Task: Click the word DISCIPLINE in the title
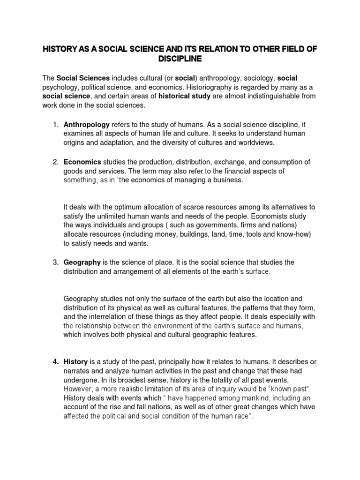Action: tap(180, 59)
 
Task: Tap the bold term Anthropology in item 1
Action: tap(87, 125)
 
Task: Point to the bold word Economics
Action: tap(82, 162)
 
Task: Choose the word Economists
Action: tap(273, 217)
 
